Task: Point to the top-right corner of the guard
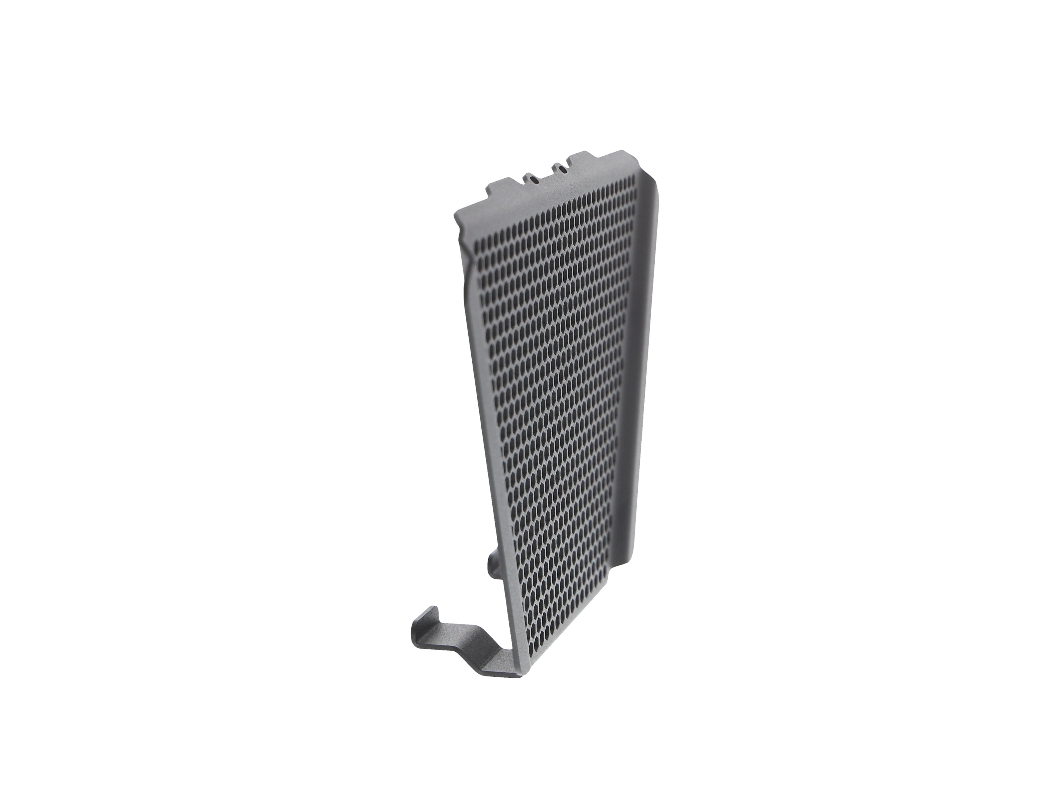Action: coord(631,154)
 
